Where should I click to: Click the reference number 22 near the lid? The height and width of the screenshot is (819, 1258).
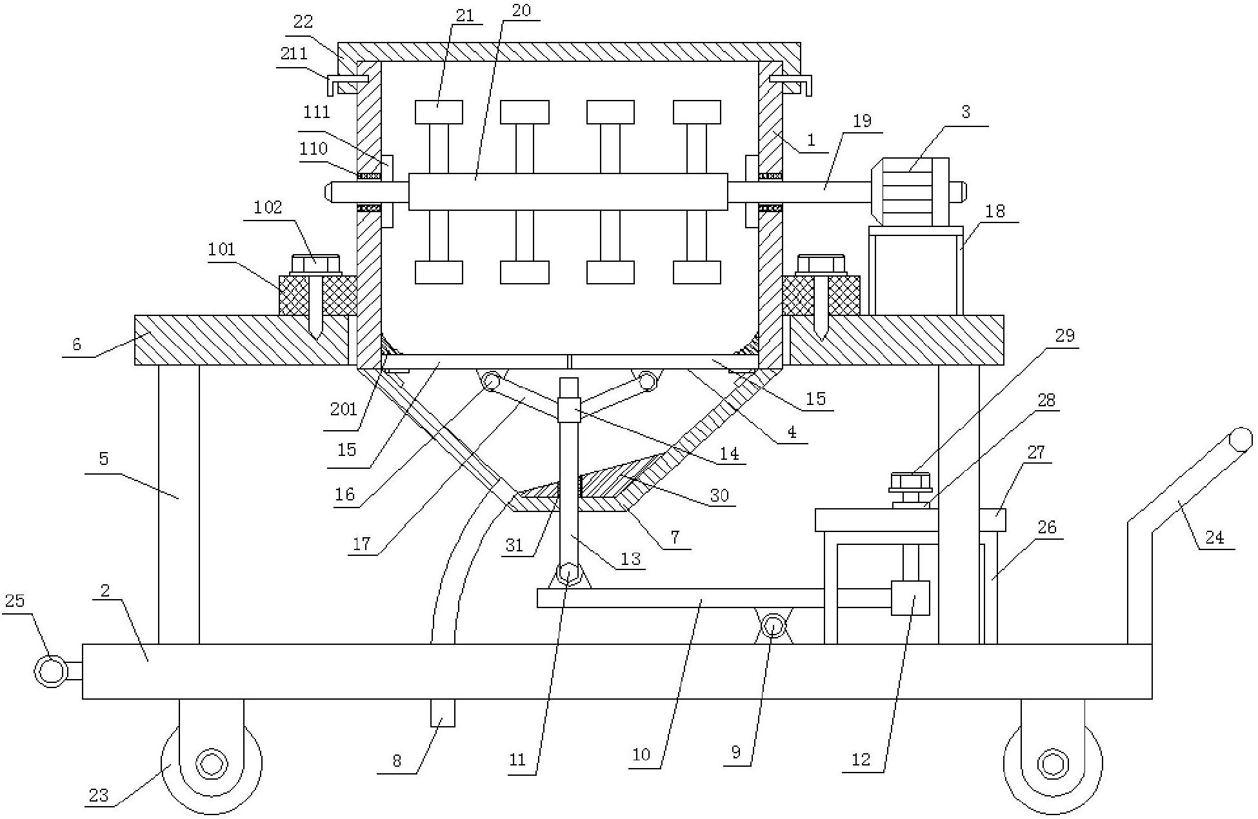[x=303, y=22]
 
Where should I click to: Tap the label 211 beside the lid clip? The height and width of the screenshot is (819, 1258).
[x=294, y=53]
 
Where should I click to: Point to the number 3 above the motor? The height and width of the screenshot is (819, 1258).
[x=965, y=112]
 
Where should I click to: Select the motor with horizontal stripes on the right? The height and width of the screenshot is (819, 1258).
[x=910, y=192]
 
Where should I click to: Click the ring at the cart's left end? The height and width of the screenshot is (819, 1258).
[x=50, y=671]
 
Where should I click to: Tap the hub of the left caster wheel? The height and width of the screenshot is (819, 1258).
[x=211, y=765]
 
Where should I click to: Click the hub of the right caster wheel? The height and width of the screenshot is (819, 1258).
[x=1053, y=765]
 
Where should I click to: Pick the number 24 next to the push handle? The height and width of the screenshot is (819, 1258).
[x=1214, y=537]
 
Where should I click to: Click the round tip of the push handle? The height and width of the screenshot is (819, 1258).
[x=1239, y=440]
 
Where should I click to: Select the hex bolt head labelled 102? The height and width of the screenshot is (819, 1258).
[x=315, y=264]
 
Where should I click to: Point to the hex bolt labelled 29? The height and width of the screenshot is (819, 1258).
[x=910, y=482]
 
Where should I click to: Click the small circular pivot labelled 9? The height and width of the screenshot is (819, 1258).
[x=773, y=626]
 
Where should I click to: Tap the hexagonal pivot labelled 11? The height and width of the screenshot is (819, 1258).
[x=568, y=572]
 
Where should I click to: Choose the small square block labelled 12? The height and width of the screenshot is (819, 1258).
[x=910, y=598]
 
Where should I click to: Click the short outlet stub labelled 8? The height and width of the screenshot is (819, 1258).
[x=443, y=713]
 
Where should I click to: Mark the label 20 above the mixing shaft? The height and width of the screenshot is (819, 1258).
[x=521, y=11]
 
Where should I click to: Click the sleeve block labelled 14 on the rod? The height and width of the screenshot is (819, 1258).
[x=568, y=410]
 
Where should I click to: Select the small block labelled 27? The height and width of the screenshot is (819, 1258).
[x=992, y=520]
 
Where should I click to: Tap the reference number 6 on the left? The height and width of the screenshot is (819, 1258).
[x=77, y=344]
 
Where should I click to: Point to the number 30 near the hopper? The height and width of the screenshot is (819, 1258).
[x=719, y=495]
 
